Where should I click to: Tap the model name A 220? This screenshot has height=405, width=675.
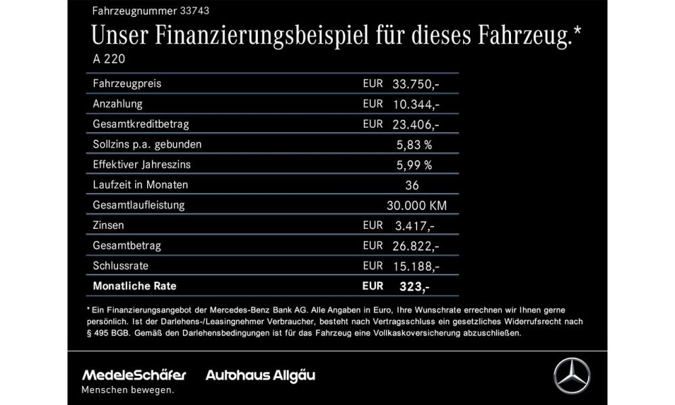pos(109,59)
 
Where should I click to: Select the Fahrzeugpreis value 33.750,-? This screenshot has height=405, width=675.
pos(416,84)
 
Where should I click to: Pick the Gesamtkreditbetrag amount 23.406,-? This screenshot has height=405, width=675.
pos(416,124)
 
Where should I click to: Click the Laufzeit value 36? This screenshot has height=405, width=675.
pos(413,185)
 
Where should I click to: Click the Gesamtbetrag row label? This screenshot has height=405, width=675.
pos(127,245)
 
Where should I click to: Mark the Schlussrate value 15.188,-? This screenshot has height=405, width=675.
pos(416,266)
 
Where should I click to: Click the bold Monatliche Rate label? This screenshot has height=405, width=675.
pos(135,286)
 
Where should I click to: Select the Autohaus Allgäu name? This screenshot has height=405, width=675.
pos(261,375)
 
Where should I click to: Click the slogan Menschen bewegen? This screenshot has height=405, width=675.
pos(127,390)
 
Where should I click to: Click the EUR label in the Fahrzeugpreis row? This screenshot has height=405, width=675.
pos(373,84)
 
